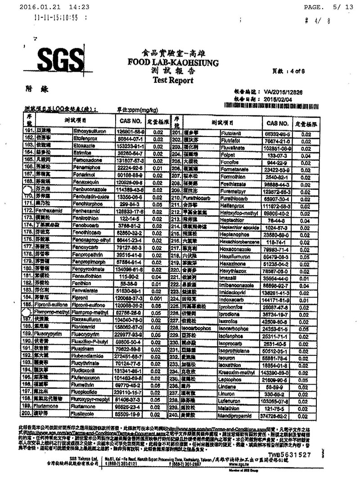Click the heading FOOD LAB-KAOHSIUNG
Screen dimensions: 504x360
[167, 62]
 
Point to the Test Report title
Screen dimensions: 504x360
[167, 81]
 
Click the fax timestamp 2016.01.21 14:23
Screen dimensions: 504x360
[54, 7]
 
